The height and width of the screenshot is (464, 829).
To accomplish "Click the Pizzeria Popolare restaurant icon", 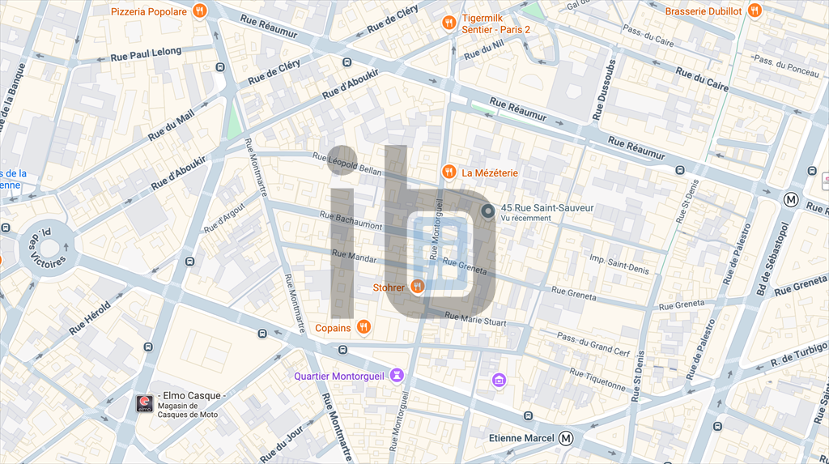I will (200, 11).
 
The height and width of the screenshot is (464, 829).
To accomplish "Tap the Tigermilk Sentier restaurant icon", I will (449, 23).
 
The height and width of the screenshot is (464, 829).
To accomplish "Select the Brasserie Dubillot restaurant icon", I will (755, 11).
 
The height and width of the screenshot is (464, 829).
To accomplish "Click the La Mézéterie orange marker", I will (449, 172).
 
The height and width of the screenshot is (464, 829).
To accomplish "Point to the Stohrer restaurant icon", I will (418, 286).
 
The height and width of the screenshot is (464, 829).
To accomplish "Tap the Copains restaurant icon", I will (363, 327).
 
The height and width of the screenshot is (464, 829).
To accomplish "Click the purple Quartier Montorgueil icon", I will (397, 375).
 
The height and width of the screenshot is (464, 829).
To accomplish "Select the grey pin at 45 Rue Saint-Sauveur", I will (487, 211).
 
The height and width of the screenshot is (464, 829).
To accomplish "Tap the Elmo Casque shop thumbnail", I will (144, 403).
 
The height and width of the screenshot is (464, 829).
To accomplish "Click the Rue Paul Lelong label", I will (146, 53).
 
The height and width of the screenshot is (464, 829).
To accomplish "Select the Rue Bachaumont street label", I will (351, 221).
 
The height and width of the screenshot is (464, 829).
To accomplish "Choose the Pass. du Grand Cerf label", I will (593, 344).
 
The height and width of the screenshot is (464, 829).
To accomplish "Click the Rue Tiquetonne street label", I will (598, 379).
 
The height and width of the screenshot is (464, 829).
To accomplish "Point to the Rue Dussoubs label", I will (604, 90).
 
